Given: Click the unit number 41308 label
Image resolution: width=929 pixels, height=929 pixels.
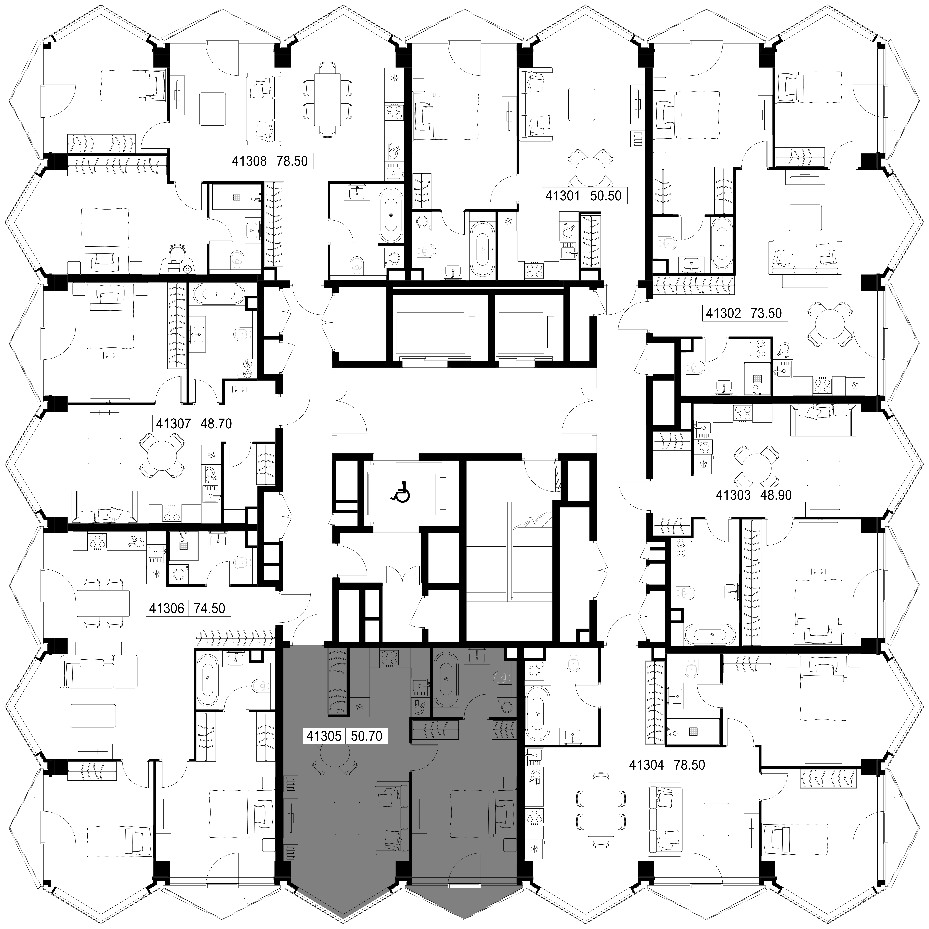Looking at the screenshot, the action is (x=249, y=161).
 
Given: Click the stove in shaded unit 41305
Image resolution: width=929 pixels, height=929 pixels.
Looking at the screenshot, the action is (x=389, y=658).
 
